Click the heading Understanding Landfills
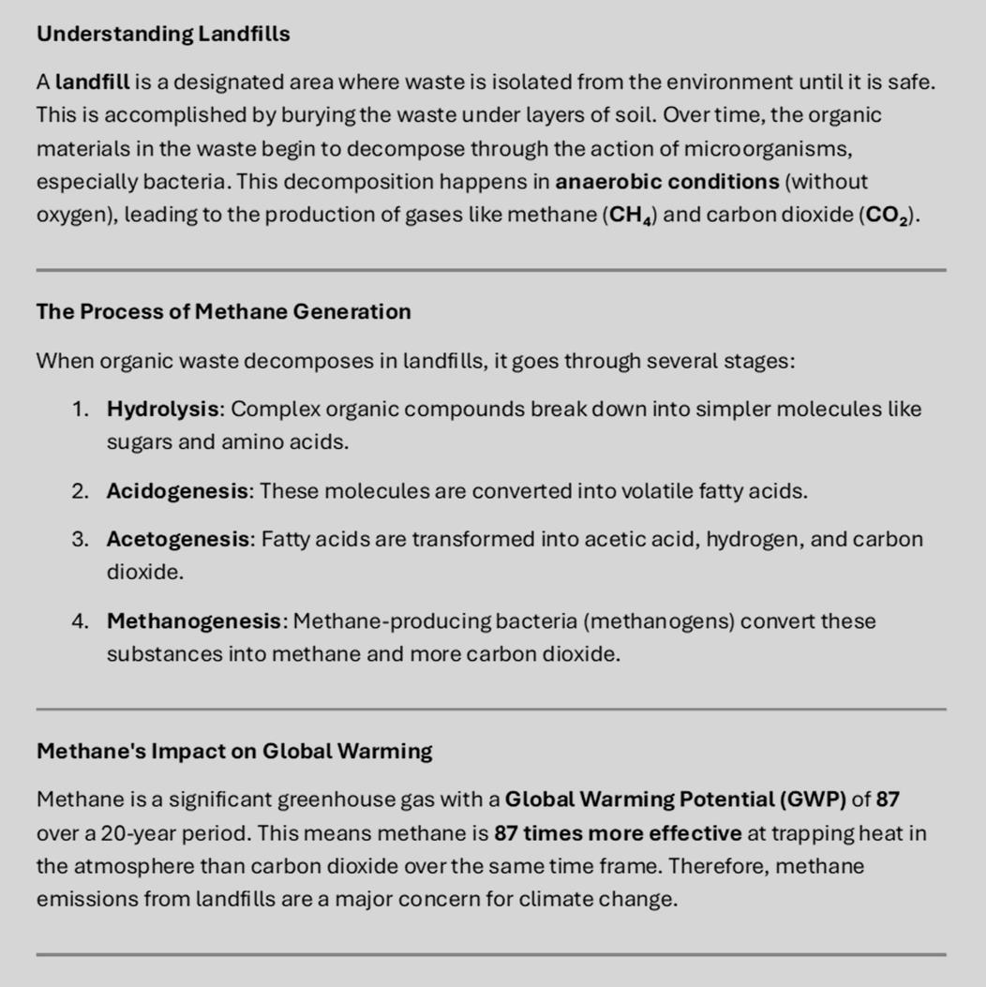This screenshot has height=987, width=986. pyautogui.click(x=163, y=35)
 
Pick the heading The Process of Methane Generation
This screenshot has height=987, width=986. pyautogui.click(x=223, y=312)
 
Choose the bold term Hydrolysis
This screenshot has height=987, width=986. pyautogui.click(x=163, y=410)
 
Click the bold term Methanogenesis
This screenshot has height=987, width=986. pyautogui.click(x=195, y=621)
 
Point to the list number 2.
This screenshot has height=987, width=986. pyautogui.click(x=80, y=491)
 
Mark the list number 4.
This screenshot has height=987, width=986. pyautogui.click(x=80, y=621)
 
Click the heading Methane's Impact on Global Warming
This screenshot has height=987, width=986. pyautogui.click(x=234, y=752)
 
